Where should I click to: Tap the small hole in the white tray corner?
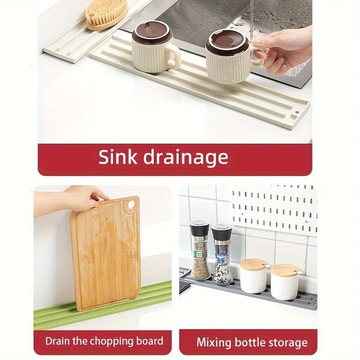297,109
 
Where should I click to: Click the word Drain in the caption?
58,341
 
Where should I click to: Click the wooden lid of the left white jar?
254,264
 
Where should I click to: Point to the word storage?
283,342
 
